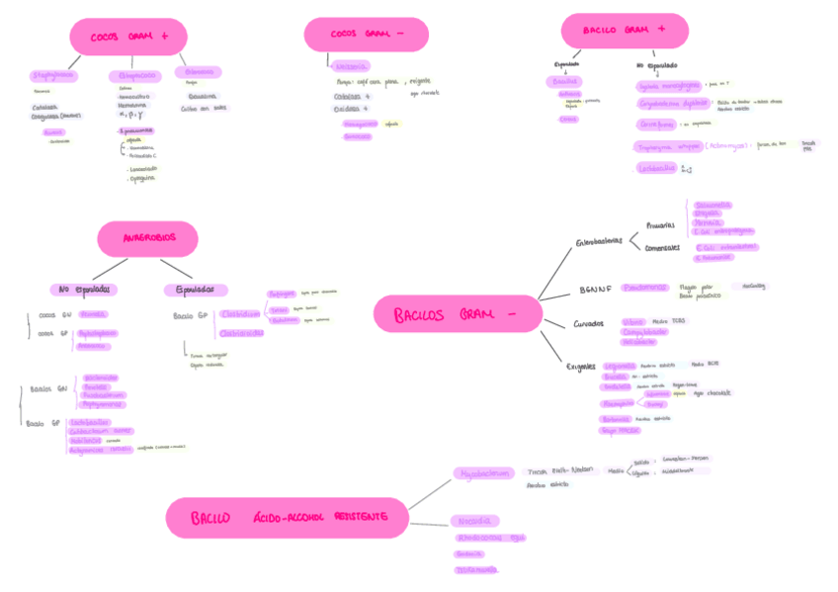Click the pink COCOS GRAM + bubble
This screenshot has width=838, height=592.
[127, 37]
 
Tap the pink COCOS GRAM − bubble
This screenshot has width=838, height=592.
[366, 35]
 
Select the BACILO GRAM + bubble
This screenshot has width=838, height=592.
[624, 31]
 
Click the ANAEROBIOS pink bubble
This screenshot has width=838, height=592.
[148, 238]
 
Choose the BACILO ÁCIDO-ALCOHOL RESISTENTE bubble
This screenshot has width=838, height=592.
[287, 518]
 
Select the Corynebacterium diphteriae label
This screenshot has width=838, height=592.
[672, 102]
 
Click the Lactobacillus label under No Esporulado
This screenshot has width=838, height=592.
[657, 168]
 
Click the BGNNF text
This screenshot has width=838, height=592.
[596, 291]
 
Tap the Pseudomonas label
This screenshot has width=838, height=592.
[645, 288]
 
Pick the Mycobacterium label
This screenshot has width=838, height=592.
[484, 473]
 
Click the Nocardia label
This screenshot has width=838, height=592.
[474, 521]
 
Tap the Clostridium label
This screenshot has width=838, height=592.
[241, 313]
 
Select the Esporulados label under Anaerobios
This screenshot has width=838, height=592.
[195, 290]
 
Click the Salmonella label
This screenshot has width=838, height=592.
[712, 206]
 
